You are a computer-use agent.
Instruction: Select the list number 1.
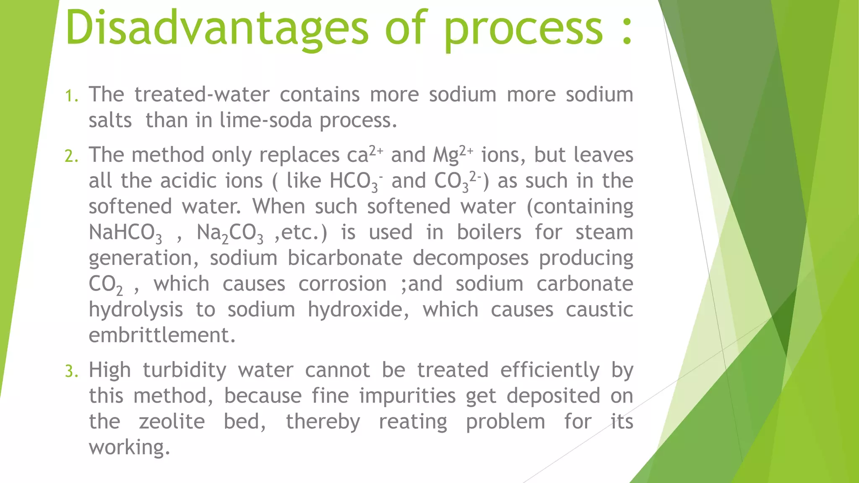tap(71, 96)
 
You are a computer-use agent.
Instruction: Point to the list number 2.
tap(71, 156)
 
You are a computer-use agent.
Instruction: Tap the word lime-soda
tap(266, 120)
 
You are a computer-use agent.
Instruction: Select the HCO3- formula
tap(356, 182)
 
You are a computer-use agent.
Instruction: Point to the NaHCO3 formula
tap(125, 233)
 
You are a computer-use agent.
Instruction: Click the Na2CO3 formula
tap(230, 233)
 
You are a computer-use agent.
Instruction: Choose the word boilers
tap(489, 232)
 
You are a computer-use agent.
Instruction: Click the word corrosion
tap(342, 284)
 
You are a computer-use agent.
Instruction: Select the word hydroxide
tap(358, 310)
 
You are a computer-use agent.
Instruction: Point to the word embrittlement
tap(162, 335)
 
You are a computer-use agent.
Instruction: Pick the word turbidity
tap(185, 371)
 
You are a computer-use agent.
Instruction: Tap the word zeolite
tap(172, 422)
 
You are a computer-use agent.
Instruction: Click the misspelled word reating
tap(413, 422)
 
